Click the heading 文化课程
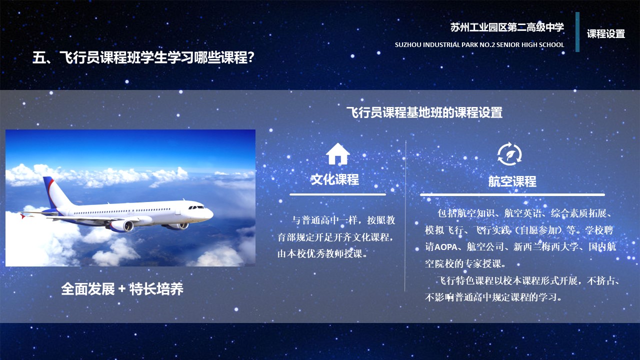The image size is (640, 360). coord(335,179)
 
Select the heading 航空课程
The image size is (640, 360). coord(512,181)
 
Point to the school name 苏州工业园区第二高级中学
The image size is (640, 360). coord(507,27)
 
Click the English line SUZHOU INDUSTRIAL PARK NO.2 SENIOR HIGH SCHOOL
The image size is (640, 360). coord(479,45)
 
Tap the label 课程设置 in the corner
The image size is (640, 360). coord(606,33)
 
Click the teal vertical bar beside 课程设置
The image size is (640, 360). coord(577,31)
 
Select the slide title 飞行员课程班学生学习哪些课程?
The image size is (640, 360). coord(143,57)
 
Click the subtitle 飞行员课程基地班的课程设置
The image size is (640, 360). coord(424,112)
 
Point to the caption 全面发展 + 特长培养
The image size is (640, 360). coord(122,289)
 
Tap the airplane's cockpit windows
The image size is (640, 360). coord(196,207)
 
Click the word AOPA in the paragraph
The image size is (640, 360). coord(445,247)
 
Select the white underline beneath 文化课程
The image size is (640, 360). coord(337,194)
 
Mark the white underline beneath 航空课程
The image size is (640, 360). coord(512,194)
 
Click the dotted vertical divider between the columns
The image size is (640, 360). coord(405,215)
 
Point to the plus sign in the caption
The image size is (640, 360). coord(122,289)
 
